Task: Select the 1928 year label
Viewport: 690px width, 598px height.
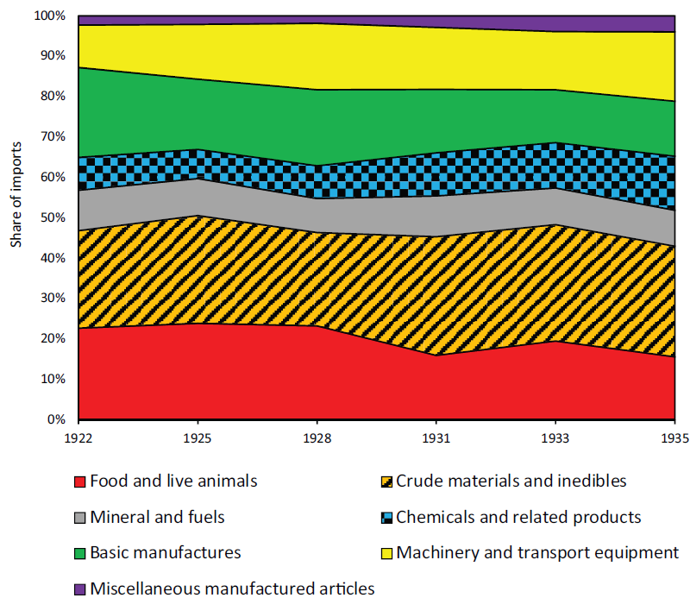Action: coord(317,438)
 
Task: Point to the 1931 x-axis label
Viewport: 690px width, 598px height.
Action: coord(437,438)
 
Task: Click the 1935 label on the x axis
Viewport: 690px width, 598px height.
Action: coord(674,438)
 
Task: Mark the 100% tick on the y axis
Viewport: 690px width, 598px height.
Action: coord(49,16)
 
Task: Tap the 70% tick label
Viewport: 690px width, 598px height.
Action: coord(52,137)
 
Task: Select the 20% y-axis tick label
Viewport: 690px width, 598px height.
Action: coord(52,339)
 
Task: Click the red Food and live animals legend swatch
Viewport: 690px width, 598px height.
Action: coord(80,482)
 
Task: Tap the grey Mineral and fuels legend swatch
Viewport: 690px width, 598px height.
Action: coord(80,518)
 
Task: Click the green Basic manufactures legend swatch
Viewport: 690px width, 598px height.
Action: coord(80,553)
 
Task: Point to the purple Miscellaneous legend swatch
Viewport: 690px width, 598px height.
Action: coord(80,589)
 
